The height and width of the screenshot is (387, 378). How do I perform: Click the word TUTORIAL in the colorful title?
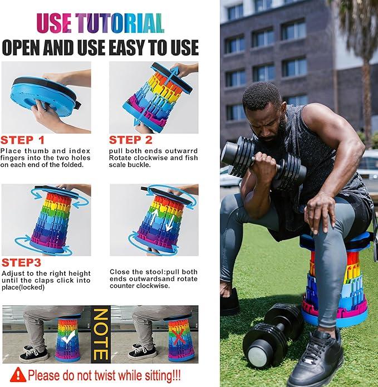pyautogui.click(x=120, y=23)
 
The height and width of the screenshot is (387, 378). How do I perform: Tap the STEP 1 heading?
pyautogui.click(x=22, y=140)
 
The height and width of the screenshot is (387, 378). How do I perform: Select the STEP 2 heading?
pyautogui.click(x=131, y=140)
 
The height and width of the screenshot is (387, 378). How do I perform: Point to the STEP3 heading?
pyautogui.click(x=21, y=263)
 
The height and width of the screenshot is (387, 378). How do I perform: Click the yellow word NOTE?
pyautogui.click(x=101, y=334)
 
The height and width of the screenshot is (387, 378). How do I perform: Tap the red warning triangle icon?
pyautogui.click(x=18, y=375)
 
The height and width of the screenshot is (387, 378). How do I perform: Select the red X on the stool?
pyautogui.click(x=178, y=336)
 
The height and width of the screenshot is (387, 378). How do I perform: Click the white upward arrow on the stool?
pyautogui.click(x=154, y=217)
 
